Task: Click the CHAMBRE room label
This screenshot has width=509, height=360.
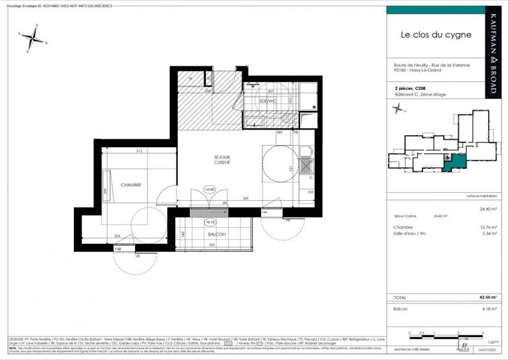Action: tap(131, 185)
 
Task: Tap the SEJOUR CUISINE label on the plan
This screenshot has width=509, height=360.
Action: tap(222, 159)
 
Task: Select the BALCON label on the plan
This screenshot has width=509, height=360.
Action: tap(216, 234)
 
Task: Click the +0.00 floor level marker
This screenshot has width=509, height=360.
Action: tap(210, 190)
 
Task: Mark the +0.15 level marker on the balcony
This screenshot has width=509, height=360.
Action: tap(210, 221)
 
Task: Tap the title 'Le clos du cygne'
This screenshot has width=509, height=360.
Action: tap(436, 34)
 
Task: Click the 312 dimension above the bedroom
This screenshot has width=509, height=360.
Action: tap(139, 150)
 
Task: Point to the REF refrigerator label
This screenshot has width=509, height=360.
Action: tap(279, 133)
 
